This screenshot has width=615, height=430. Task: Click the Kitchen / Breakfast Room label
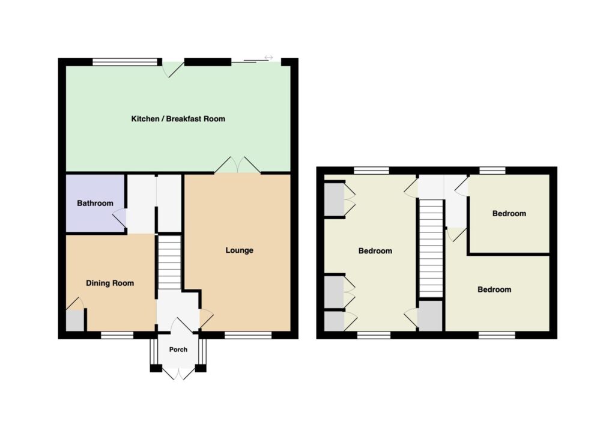click(178, 119)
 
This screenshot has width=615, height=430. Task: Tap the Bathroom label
click(95, 203)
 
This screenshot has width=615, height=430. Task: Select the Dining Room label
click(110, 283)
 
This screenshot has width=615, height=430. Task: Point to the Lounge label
click(239, 250)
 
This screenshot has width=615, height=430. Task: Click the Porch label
click(178, 350)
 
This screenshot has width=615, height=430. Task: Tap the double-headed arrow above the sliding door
click(268, 58)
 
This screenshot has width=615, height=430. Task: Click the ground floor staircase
click(169, 262)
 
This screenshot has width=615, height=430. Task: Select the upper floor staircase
click(431, 249)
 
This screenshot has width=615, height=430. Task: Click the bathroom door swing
click(120, 218)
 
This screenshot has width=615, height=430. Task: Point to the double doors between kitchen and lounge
click(237, 165)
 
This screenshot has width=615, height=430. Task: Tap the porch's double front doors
click(178, 373)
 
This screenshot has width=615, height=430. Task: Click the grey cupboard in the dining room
click(75, 321)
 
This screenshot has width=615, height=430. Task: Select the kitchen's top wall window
click(125, 62)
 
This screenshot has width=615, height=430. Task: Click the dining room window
click(117, 335)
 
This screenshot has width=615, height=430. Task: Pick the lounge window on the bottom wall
click(248, 335)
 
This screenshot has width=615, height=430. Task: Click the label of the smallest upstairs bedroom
click(509, 214)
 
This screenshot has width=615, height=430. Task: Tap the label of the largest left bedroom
click(375, 251)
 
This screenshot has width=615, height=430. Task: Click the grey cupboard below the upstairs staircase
click(431, 316)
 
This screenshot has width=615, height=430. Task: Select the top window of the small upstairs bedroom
click(492, 171)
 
